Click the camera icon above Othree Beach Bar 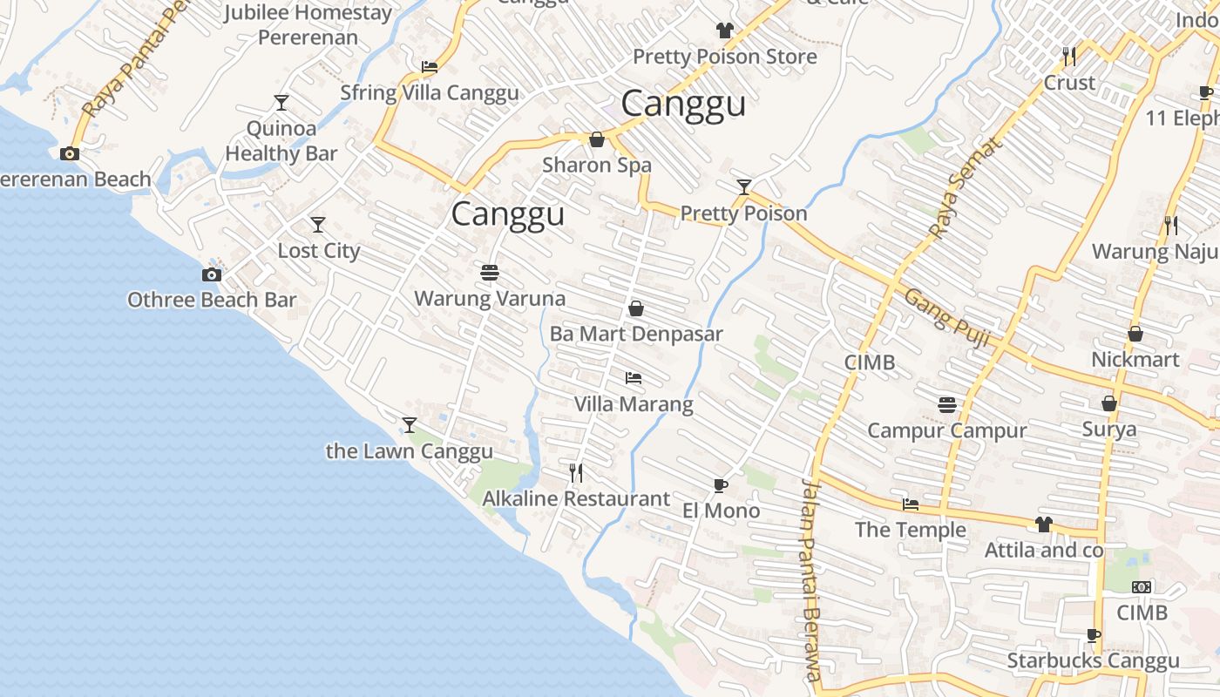(211, 275)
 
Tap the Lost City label (318, 251)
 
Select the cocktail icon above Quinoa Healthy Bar (281, 103)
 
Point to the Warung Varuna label (490, 299)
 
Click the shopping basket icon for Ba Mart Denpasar (636, 308)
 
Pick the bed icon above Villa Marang (634, 378)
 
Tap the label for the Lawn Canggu (409, 451)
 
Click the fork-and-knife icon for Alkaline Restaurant (576, 472)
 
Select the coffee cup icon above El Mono (720, 485)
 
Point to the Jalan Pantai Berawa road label (811, 579)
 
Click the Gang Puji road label (947, 317)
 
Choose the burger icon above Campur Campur (947, 404)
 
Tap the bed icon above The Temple (911, 504)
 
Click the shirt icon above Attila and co (1043, 524)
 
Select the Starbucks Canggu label (1093, 661)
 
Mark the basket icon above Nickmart (1135, 334)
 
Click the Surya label (1109, 430)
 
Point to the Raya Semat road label (965, 188)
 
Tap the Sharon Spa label (597, 165)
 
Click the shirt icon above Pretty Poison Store (724, 30)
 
